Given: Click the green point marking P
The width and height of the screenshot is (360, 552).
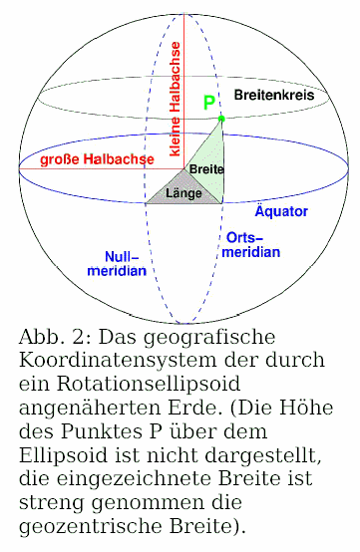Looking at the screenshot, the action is tap(221, 119).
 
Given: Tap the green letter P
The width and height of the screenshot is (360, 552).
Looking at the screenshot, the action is tap(208, 102).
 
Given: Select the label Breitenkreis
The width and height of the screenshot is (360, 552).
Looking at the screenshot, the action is tap(274, 95).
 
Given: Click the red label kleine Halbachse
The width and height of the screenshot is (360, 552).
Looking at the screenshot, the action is tap(176, 99).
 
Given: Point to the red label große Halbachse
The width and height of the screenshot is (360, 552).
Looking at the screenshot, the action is tap(97, 159).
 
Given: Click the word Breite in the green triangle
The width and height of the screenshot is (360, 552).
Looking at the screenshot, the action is tap(206, 169).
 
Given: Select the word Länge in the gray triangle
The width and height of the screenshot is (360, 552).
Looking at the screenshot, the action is tap(183, 193).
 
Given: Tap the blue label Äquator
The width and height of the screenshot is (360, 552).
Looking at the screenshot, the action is tap(281, 211).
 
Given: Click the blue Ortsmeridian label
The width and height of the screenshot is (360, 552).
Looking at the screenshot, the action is tap(251, 245).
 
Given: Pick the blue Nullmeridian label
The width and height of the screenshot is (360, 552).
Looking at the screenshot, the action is tap(117, 263).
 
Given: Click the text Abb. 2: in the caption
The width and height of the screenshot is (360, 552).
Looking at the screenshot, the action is tap(53, 337).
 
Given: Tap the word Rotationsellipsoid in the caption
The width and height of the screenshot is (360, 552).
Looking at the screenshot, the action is tap(149, 385).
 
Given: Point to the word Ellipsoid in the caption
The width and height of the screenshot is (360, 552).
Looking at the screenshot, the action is tap(63, 455).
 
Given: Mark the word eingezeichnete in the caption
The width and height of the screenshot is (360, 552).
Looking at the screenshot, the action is tap(134, 479).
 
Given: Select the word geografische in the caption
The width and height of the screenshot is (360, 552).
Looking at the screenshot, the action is tap(209, 338).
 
